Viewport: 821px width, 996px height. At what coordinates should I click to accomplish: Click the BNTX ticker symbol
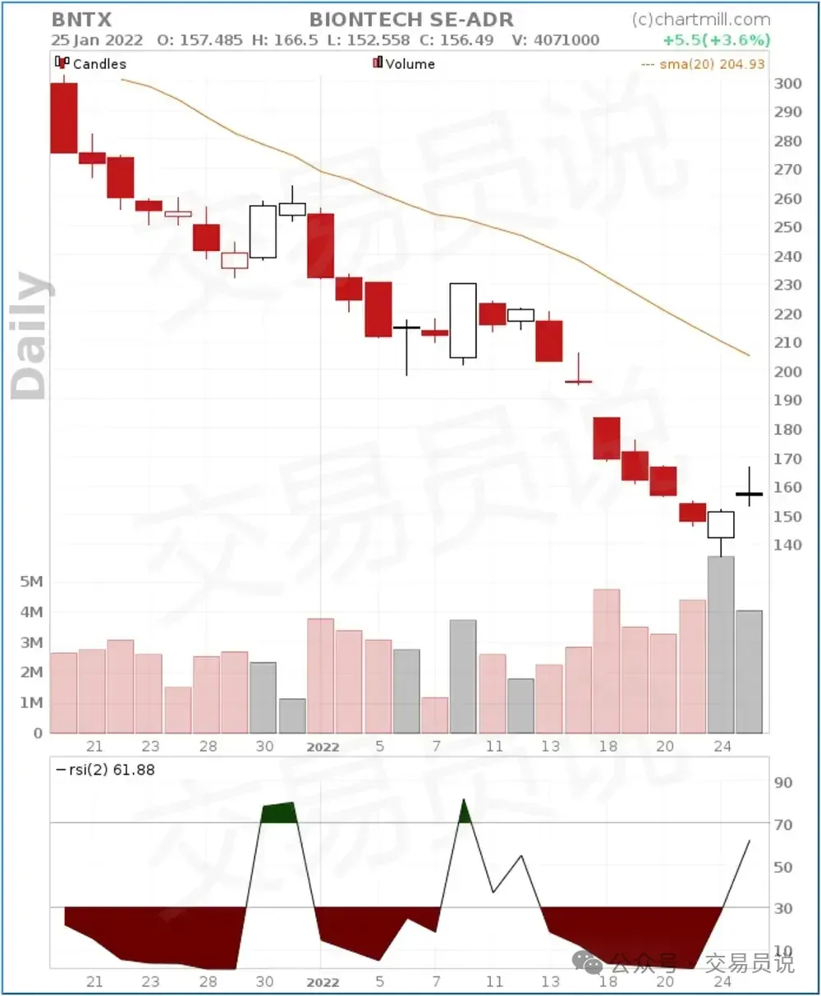81,20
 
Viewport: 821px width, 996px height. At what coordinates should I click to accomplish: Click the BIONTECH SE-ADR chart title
411,20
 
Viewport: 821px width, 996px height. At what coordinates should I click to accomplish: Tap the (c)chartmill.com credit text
701,20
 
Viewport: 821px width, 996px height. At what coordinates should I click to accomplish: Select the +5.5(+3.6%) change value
717,40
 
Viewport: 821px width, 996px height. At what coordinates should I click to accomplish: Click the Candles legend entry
91,63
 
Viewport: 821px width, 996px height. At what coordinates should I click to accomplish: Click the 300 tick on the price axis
787,83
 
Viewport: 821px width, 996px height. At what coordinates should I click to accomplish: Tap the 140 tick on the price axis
787,545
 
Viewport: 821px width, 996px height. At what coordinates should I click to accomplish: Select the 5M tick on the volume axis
31,582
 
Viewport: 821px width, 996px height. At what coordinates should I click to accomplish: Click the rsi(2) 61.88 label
105,770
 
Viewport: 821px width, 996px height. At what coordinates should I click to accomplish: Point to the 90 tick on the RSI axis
783,783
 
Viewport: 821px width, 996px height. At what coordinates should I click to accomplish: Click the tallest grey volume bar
721,644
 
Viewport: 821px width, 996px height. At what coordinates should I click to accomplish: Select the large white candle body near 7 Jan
463,321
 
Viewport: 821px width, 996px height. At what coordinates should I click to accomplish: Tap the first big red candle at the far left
64,118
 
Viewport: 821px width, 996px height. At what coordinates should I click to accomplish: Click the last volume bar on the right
749,671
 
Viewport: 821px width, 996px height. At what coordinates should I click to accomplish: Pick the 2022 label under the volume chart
323,747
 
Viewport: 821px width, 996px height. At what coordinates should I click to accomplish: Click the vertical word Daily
31,336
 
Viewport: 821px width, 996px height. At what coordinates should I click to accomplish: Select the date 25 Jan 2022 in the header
97,40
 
